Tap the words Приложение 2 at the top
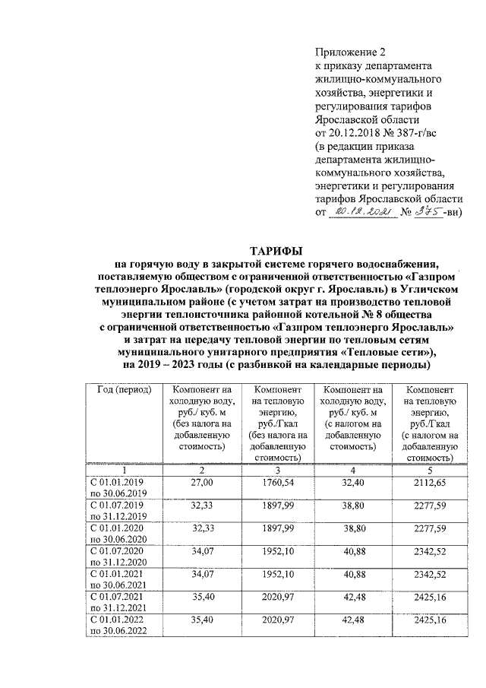click(x=351, y=52)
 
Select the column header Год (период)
click(x=125, y=390)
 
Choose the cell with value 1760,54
click(x=277, y=483)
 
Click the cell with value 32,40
click(x=354, y=483)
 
